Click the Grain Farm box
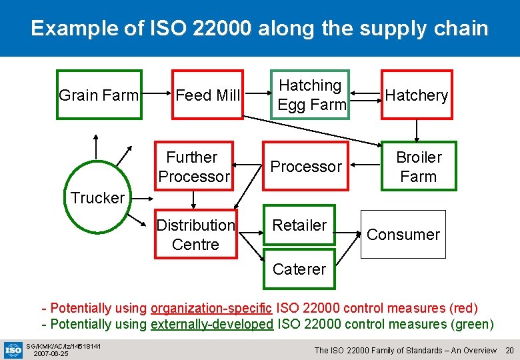click(x=99, y=95)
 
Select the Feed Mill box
click(x=207, y=95)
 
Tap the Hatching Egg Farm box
click(x=310, y=95)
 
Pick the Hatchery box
click(x=417, y=95)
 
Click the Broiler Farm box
click(x=418, y=166)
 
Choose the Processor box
click(x=305, y=166)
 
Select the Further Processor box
click(x=193, y=166)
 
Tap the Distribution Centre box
click(x=195, y=234)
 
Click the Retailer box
click(x=299, y=225)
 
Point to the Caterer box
click(x=299, y=269)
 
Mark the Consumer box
click(x=403, y=234)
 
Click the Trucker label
click(x=97, y=197)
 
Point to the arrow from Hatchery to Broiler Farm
click(x=417, y=130)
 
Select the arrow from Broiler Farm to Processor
click(x=365, y=166)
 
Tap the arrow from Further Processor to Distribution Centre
click(x=193, y=199)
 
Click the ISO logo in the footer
click(x=13, y=349)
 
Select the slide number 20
click(x=509, y=350)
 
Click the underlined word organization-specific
click(x=211, y=308)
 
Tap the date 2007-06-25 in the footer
click(x=51, y=353)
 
